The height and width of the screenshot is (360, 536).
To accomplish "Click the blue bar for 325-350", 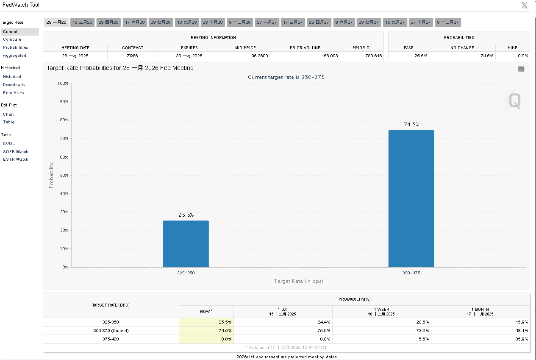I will (186, 244).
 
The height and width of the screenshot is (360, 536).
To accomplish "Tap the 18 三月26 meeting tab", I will (82, 22).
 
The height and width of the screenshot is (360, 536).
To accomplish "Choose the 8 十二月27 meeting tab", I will (447, 22).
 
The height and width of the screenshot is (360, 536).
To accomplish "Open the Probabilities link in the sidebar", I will (16, 47).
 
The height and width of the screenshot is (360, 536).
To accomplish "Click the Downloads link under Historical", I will (14, 85).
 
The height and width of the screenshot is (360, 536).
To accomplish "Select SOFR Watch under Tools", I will (16, 152).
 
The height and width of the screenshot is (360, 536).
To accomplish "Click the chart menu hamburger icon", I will (521, 69).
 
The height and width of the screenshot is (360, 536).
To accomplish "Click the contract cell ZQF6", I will (133, 56).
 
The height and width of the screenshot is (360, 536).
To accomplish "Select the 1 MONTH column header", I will (480, 312).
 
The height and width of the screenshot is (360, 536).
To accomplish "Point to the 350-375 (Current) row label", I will (111, 331).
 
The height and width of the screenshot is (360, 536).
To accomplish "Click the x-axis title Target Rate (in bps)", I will (298, 281).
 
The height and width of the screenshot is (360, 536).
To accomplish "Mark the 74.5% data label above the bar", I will (411, 125).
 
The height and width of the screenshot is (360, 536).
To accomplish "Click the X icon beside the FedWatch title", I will (524, 5).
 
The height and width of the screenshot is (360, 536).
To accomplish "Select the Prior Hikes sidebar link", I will (14, 93).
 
